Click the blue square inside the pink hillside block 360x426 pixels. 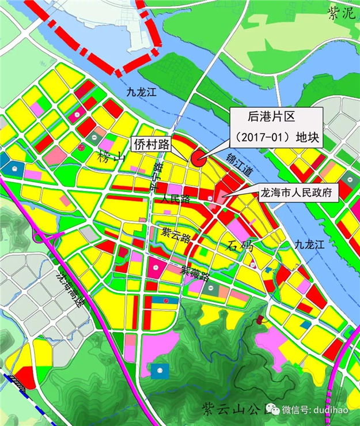click(160, 368)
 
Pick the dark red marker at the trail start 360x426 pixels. click(260, 319)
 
